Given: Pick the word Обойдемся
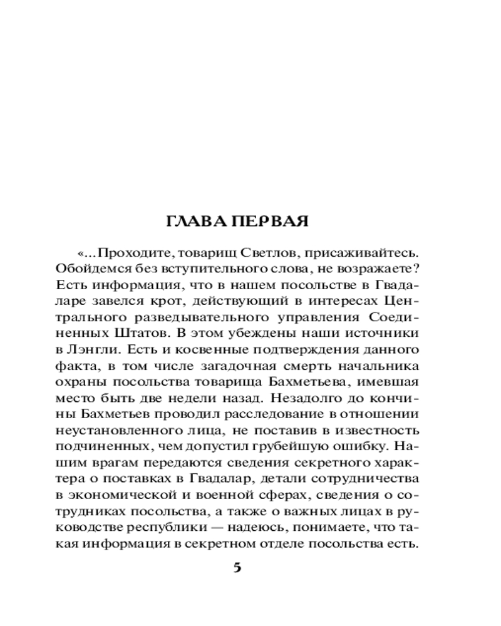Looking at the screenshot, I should click(x=81, y=269).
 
